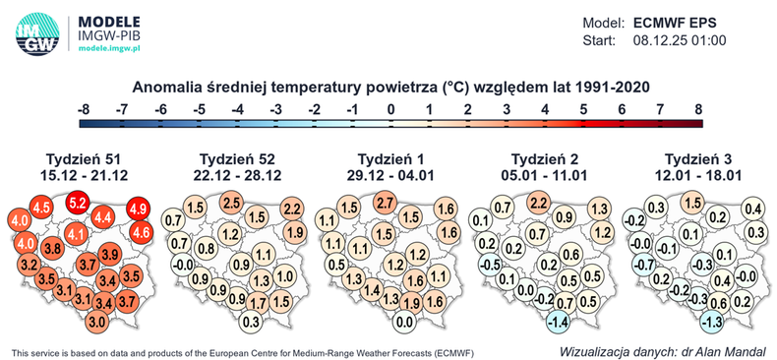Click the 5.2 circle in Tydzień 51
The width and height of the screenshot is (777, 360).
[79, 203]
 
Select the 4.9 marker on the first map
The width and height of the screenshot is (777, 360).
[139, 209]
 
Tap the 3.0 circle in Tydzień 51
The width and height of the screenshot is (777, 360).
[97, 322]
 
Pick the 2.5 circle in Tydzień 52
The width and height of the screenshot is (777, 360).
[231, 203]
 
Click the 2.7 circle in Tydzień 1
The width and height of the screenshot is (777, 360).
[386, 203]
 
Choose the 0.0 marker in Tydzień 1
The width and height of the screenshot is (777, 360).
[402, 322]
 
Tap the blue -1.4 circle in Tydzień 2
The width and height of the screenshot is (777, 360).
[556, 322]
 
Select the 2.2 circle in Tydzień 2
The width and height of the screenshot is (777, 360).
[538, 203]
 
